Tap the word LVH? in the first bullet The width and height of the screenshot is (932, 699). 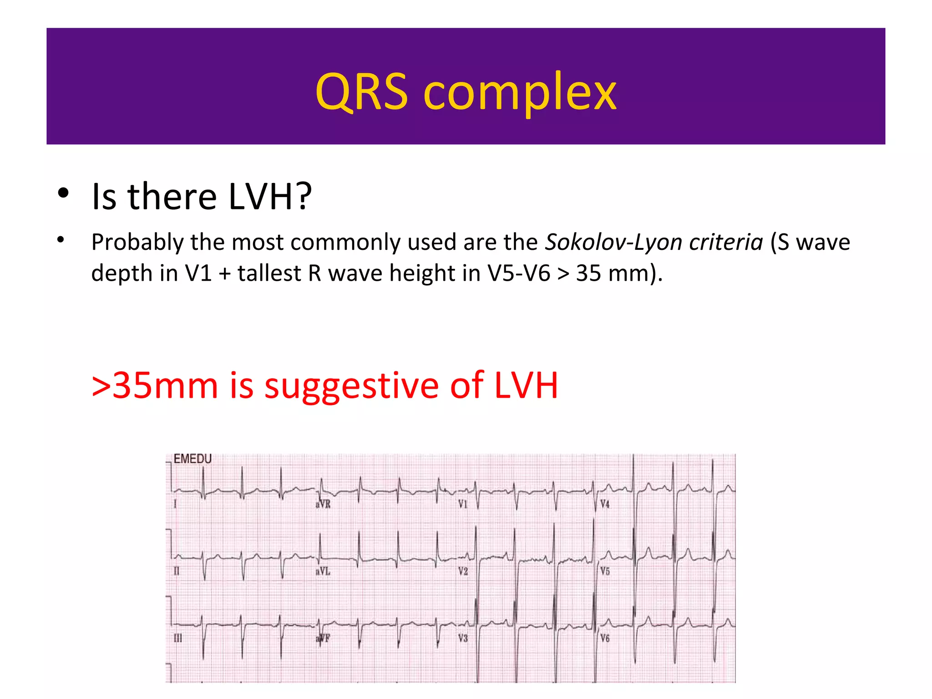[x=270, y=197]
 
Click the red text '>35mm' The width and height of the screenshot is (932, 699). [x=155, y=385]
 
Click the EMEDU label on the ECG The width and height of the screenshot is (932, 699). [x=192, y=459]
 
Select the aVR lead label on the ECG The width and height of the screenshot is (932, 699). [x=323, y=504]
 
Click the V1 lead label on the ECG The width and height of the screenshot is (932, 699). [x=463, y=504]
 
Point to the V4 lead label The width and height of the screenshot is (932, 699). [x=605, y=504]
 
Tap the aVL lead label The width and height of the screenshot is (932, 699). [x=323, y=571]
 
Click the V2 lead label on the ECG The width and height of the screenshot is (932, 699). [x=463, y=571]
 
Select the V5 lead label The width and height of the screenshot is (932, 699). [x=605, y=571]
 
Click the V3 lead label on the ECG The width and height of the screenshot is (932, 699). [x=463, y=638]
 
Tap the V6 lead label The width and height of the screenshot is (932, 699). [x=605, y=638]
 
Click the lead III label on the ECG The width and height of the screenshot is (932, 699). [x=178, y=638]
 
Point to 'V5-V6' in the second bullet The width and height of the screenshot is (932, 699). [x=519, y=274]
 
